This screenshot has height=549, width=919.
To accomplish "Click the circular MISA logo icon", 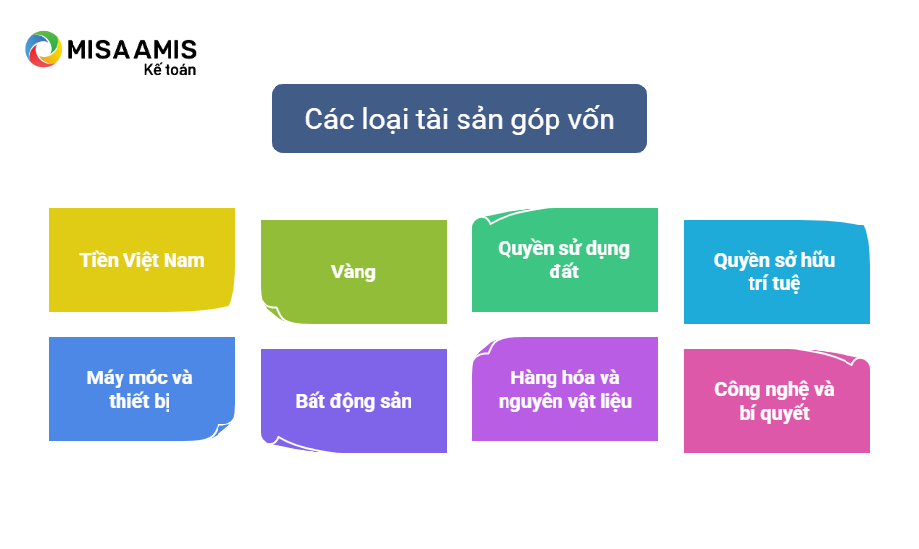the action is pyautogui.click(x=43, y=49).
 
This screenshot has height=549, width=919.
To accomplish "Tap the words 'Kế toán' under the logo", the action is pyautogui.click(x=169, y=69).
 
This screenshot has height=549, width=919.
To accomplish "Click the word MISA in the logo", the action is pyautogui.click(x=98, y=50).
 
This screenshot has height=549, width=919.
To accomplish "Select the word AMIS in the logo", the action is pyautogui.click(x=165, y=50).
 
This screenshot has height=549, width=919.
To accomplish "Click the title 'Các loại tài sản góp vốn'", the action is pyautogui.click(x=459, y=119).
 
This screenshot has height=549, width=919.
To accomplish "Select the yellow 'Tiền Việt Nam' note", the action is pyautogui.click(x=142, y=259).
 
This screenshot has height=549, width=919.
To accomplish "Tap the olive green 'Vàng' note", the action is pyautogui.click(x=354, y=271).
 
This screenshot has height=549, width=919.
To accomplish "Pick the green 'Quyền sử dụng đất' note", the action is pyautogui.click(x=565, y=259).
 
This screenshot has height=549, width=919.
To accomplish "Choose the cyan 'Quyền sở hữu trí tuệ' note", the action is pyautogui.click(x=777, y=271).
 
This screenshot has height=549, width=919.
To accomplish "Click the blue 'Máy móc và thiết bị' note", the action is pyautogui.click(x=142, y=389).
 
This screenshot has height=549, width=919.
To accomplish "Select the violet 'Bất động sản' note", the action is pyautogui.click(x=354, y=401).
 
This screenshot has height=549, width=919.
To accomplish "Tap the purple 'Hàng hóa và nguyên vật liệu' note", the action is pyautogui.click(x=565, y=389).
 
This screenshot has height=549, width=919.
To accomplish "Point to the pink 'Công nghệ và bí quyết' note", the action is pyautogui.click(x=777, y=401).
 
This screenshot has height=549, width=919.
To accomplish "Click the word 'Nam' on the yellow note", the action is pyautogui.click(x=184, y=260).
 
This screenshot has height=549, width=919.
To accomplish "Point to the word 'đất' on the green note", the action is pyautogui.click(x=563, y=271).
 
